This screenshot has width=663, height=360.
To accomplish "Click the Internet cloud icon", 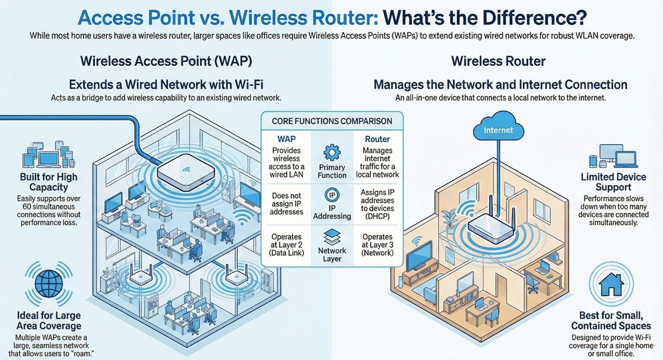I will coord(498,129).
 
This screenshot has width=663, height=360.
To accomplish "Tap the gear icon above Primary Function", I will coord(332,151).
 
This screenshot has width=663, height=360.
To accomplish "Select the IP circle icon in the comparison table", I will coord(332,195).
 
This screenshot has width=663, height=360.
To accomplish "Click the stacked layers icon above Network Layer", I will coord(332,237).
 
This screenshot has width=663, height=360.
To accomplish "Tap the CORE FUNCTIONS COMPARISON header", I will coord(332,121).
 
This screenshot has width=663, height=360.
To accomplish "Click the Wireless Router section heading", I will coord(498,62).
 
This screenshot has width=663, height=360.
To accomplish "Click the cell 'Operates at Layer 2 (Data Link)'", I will coord(286,246).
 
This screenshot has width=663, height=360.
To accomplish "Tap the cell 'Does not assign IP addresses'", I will coord(286,200).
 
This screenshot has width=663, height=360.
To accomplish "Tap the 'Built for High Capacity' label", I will coord(48,182).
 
